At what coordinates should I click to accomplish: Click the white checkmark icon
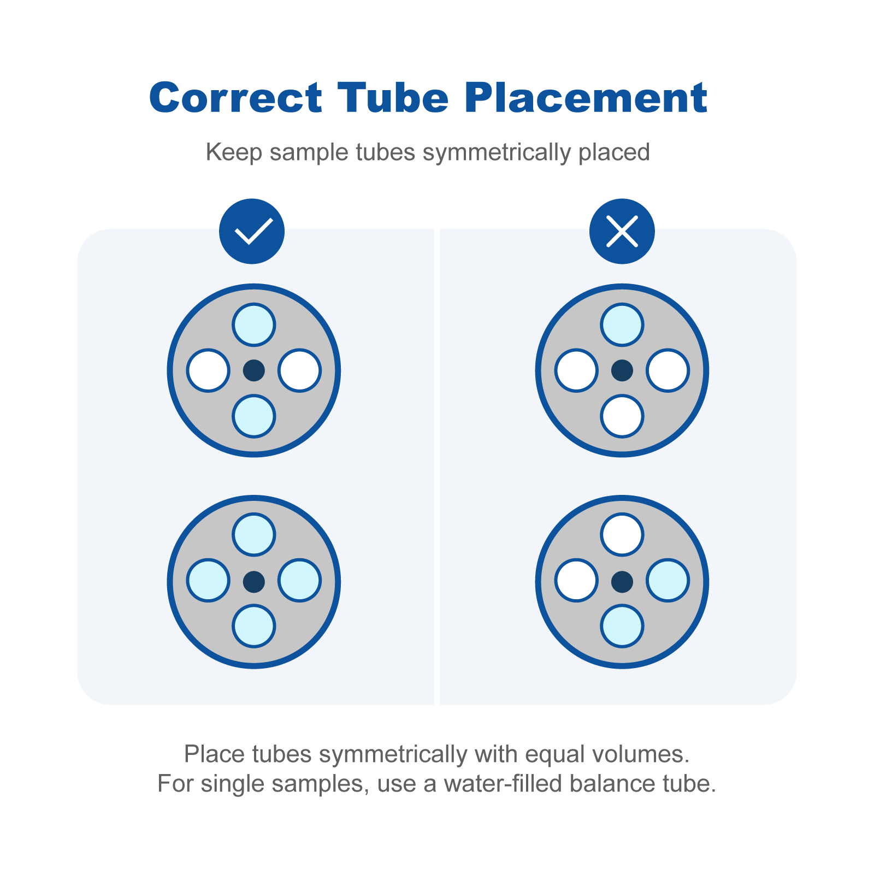point(252,231)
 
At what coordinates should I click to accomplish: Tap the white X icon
point(622,231)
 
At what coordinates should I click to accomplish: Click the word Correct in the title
point(236,98)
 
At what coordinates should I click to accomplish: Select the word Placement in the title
point(587,98)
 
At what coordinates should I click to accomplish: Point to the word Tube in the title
point(393,98)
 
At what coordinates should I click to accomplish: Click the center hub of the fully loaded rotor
point(254,582)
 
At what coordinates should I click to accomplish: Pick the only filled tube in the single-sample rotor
point(622,325)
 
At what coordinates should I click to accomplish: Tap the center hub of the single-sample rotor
point(622,370)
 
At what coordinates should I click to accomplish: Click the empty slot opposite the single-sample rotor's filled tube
point(622,416)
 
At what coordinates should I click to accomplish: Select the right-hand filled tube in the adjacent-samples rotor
point(668,580)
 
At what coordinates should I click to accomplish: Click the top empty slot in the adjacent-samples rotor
point(622,534)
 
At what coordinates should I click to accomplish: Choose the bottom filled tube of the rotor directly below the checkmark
point(254,416)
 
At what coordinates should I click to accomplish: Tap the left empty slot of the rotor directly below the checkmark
point(208,370)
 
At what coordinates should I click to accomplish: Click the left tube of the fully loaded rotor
point(208,580)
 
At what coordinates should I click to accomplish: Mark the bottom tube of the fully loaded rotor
point(254,626)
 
